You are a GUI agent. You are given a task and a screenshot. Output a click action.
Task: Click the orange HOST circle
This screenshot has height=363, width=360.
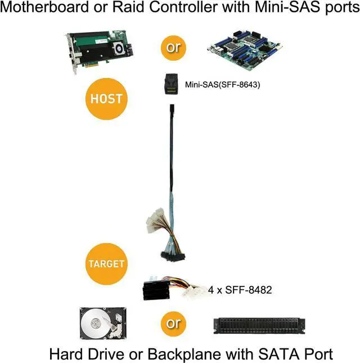[106, 98]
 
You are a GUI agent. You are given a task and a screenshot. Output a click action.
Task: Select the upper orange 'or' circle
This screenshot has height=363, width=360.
[173, 48]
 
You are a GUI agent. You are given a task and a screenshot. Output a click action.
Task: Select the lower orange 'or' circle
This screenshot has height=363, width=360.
[173, 323]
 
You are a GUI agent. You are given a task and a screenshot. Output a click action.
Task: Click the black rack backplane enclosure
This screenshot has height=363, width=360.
[259, 325]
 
